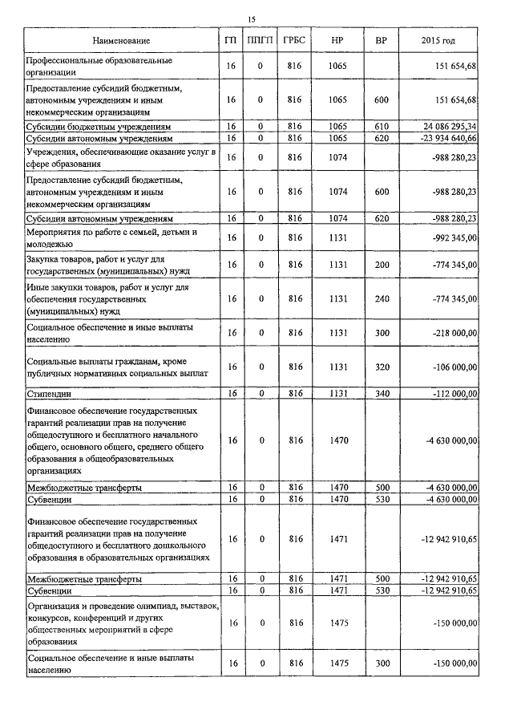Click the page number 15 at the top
tap(251, 18)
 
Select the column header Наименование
tap(121, 40)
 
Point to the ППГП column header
tap(261, 40)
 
